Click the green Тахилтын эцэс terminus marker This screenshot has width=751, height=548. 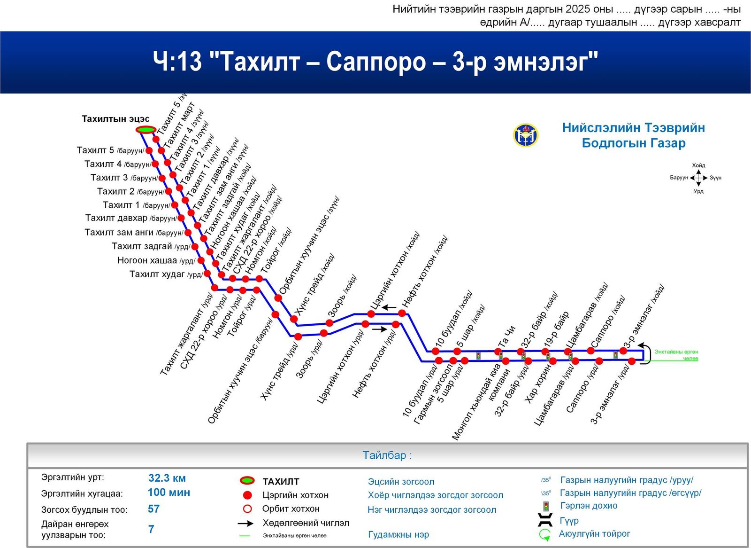[146, 130]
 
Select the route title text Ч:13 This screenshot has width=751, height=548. [177, 62]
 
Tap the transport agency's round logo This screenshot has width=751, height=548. [525, 135]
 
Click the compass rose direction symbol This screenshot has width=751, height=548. [698, 178]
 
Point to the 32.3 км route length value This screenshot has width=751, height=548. [167, 478]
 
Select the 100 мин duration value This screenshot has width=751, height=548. [169, 493]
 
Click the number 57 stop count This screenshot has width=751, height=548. [153, 509]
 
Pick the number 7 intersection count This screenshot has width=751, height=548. [151, 529]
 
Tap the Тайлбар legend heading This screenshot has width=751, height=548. [387, 455]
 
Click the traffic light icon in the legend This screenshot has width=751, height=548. [546, 506]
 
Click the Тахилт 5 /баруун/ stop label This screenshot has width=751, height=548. [110, 150]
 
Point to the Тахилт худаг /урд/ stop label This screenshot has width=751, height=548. [165, 274]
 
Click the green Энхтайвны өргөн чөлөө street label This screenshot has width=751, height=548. [676, 355]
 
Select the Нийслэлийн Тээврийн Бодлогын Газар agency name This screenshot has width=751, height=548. [633, 135]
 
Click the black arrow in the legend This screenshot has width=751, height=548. [245, 523]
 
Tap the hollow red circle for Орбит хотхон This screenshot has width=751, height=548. [247, 509]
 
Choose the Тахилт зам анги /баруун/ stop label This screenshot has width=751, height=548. [133, 233]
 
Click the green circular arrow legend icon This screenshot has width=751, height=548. [544, 535]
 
